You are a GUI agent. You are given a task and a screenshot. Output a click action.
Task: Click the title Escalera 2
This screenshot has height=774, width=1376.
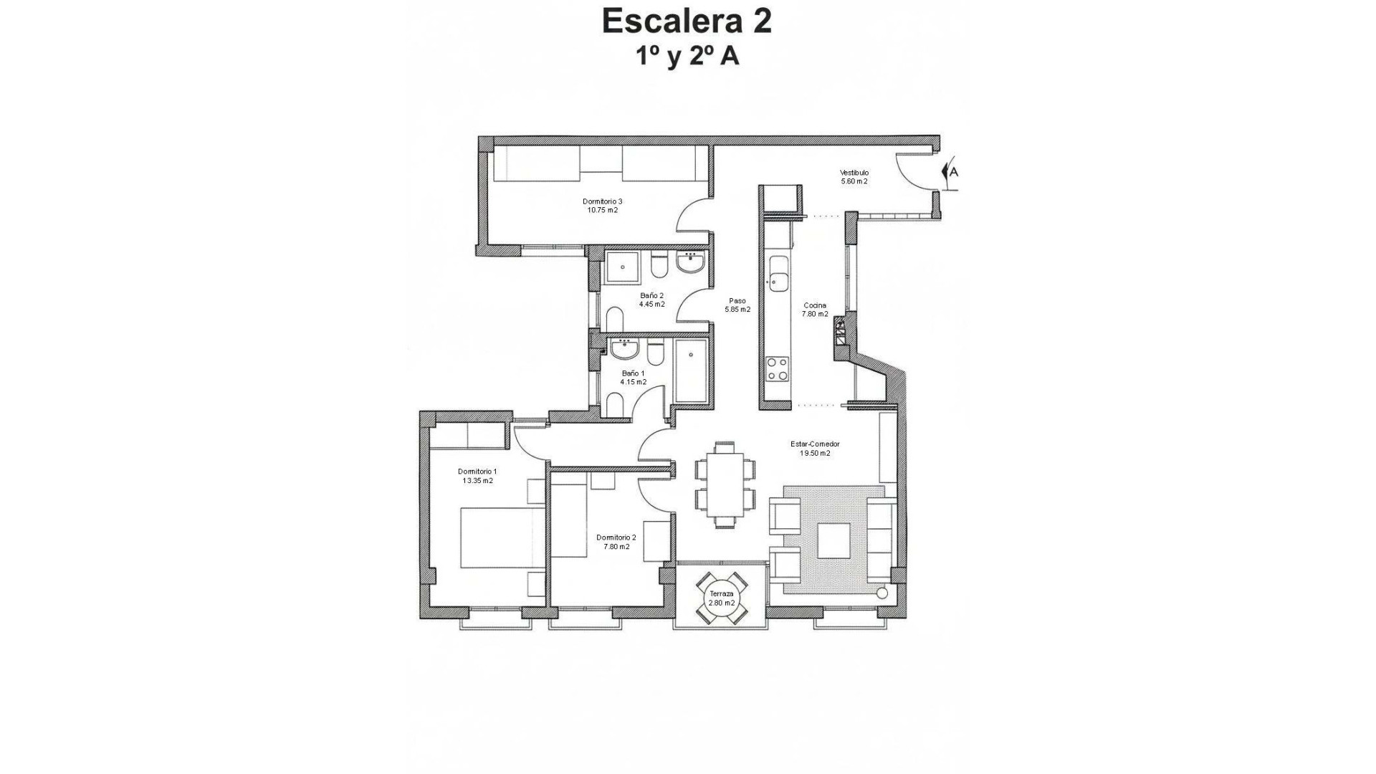687,21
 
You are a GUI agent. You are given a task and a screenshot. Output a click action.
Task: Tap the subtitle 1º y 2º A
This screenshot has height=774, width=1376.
687,56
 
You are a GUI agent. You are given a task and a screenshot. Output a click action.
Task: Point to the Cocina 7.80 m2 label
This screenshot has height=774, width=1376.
815,310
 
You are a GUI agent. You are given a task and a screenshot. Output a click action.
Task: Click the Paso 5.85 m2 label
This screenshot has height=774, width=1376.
737,305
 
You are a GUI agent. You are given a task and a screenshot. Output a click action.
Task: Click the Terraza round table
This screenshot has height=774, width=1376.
722,598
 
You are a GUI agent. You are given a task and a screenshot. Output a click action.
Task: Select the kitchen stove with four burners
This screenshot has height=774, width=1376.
778,368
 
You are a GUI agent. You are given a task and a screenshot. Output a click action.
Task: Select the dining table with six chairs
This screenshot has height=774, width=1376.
725,484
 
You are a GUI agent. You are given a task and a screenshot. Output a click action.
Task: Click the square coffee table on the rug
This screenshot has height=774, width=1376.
833,540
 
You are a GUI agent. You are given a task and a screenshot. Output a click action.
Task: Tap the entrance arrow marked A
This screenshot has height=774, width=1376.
950,172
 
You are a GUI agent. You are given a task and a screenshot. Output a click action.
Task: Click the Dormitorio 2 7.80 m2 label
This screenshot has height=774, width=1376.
616,542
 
